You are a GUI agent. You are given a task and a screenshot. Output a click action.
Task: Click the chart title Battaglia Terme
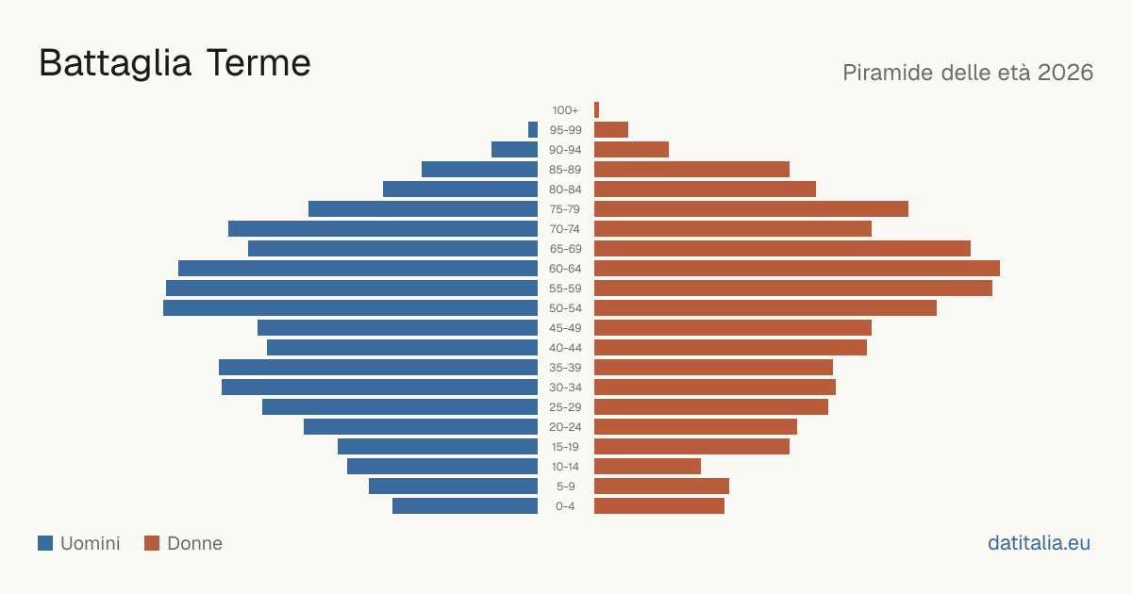click(x=175, y=63)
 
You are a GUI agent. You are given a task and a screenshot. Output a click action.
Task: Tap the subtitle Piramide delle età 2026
click(x=968, y=73)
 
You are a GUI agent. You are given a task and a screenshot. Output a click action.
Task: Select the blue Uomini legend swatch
click(x=45, y=543)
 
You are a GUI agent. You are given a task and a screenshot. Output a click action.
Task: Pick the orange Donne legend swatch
click(x=152, y=543)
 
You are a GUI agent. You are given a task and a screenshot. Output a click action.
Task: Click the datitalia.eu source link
click(x=1039, y=543)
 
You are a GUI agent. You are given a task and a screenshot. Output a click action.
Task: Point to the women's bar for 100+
click(x=596, y=109)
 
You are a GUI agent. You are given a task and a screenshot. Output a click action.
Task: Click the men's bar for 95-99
click(x=533, y=129)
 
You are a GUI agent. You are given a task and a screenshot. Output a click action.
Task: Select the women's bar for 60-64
click(x=797, y=268)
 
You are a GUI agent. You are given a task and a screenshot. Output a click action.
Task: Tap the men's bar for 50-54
click(x=350, y=307)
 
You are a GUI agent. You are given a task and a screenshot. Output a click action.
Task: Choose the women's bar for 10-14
click(x=647, y=466)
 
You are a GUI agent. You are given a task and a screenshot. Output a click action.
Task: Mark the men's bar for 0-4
click(x=465, y=505)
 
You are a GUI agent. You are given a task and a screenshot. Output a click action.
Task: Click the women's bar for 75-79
click(x=751, y=208)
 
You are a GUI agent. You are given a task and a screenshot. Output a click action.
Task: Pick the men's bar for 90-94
click(x=514, y=150)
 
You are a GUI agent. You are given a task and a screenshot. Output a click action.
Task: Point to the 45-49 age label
click(x=565, y=328)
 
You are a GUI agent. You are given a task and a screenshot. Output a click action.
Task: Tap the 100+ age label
click(x=565, y=110)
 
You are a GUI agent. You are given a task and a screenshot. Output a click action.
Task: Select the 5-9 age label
click(x=565, y=487)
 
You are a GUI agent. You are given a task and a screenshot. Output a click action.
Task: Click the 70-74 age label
click(x=565, y=229)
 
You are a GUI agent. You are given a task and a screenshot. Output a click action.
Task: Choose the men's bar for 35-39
click(x=378, y=367)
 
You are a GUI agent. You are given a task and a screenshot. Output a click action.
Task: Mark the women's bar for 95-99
click(x=611, y=129)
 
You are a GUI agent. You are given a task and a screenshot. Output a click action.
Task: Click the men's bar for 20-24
click(x=421, y=427)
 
